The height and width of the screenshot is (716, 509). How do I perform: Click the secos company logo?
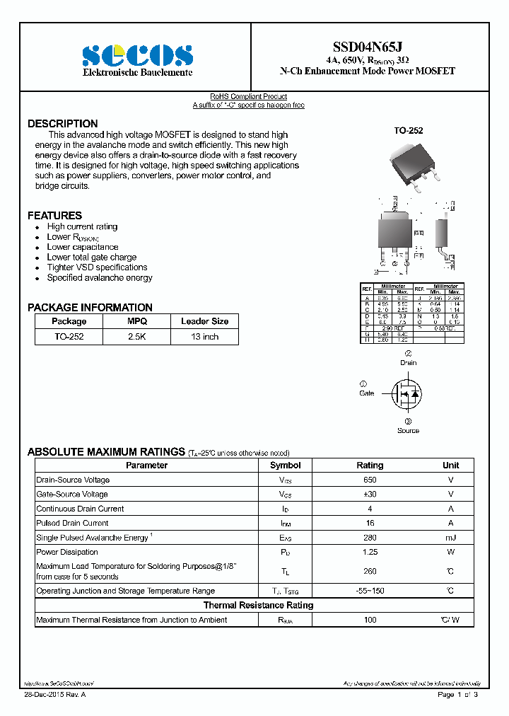coord(137,55)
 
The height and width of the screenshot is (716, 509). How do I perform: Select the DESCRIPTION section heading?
coord(62,124)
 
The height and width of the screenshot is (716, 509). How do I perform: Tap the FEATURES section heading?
coord(54,215)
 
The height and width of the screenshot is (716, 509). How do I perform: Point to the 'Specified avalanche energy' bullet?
coord(99,278)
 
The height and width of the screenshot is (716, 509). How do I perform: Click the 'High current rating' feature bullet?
coord(82,227)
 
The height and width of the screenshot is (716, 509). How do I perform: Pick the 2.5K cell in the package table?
coord(136,337)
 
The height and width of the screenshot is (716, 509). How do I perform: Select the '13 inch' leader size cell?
coord(204,337)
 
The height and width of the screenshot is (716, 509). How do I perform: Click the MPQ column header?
coord(136,321)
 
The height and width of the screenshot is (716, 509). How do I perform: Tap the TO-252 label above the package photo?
coord(408,131)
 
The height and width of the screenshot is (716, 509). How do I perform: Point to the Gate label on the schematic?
coord(366,393)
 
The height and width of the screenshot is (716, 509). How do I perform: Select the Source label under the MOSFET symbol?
coord(408,430)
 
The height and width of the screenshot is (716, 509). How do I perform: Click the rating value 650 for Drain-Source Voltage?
coord(370,480)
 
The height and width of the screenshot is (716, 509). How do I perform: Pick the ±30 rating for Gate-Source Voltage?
coord(370,494)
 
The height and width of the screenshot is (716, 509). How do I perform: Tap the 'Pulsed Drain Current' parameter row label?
coord(72,523)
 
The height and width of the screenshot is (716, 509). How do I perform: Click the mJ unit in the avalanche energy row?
coord(450,538)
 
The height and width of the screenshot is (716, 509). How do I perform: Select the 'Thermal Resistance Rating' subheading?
coord(258,605)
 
